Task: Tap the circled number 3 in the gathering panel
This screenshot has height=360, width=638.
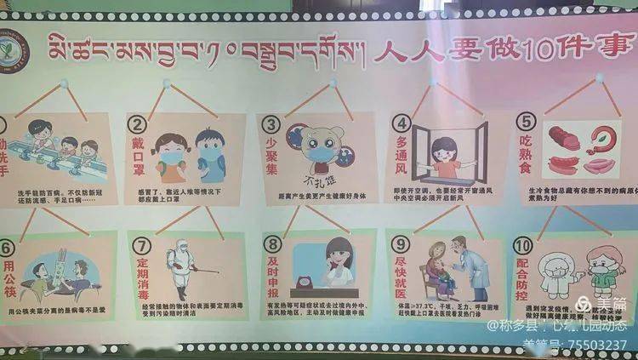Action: (x=269, y=126)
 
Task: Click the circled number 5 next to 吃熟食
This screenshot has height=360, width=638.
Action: (x=527, y=122)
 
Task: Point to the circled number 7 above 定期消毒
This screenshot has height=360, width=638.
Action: (x=141, y=247)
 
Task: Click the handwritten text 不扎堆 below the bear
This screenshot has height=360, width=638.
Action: (x=317, y=180)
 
